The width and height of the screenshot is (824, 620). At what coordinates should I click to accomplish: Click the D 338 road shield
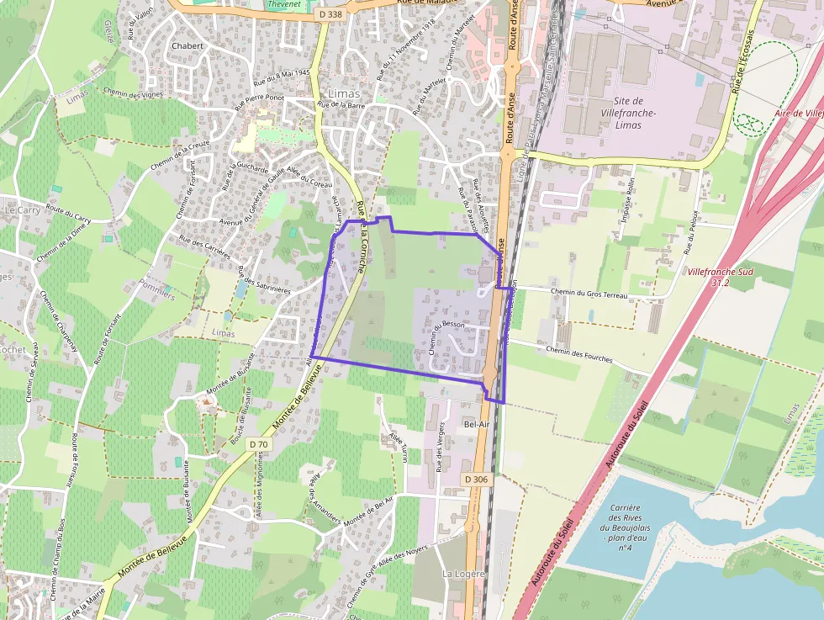pyautogui.click(x=331, y=14)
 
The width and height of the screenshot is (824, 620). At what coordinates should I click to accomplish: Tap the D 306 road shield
pyautogui.click(x=475, y=480)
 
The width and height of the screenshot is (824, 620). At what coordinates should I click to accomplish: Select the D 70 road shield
pyautogui.click(x=260, y=443)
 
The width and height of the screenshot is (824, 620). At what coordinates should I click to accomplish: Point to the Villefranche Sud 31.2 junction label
pyautogui.click(x=718, y=278)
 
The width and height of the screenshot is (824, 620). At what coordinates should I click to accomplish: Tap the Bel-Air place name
pyautogui.click(x=477, y=424)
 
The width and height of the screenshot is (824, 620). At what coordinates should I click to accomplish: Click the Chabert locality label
pyautogui.click(x=187, y=45)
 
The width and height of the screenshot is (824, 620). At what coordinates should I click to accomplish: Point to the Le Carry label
pyautogui.click(x=23, y=209)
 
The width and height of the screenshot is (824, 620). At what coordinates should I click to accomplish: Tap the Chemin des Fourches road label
pyautogui.click(x=578, y=354)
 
